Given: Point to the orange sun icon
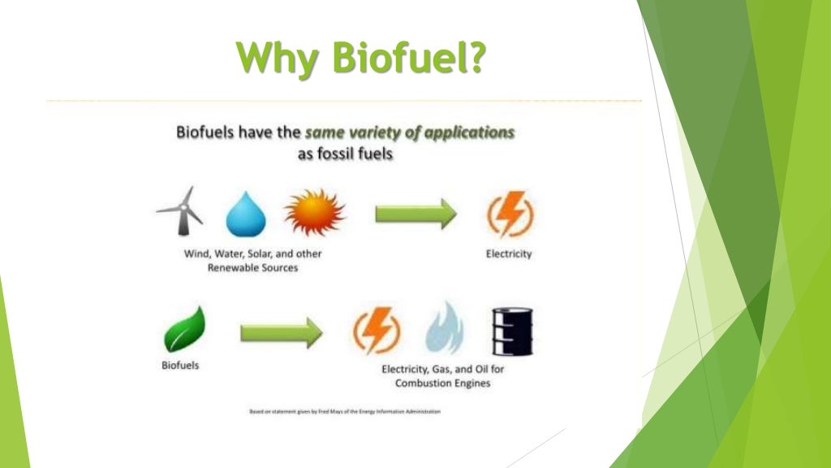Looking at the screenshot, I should point(314,213).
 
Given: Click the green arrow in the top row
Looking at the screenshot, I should point(415,214).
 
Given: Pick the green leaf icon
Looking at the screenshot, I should point(186,330).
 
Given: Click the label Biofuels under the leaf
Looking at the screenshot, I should point(179,366).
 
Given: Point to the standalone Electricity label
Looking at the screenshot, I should point(509,254).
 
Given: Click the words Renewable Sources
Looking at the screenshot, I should point(252,268).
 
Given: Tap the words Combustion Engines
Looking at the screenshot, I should point(442,383).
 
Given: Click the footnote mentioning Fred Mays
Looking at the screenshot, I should point(345,412).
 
